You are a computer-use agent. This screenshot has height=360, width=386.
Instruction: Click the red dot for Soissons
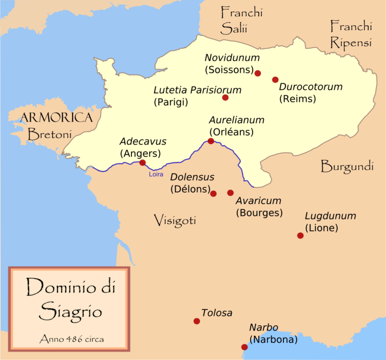pyautogui.click(x=257, y=73)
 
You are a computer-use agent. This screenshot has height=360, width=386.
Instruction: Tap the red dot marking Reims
pyautogui.click(x=275, y=80)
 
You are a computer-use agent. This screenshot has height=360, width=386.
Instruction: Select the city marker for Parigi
pyautogui.click(x=225, y=97)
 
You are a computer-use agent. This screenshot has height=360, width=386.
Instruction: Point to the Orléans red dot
pyautogui.click(x=211, y=141)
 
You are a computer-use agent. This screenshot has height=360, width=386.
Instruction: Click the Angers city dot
pyautogui.click(x=142, y=163)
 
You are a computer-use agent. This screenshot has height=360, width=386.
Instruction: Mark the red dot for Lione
pyautogui.click(x=300, y=235)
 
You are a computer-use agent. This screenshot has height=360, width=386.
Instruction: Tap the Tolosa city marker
pyautogui.click(x=196, y=321)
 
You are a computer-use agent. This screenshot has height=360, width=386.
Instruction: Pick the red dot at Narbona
pyautogui.click(x=244, y=347)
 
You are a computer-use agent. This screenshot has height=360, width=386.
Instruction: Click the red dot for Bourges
pyautogui.click(x=230, y=193)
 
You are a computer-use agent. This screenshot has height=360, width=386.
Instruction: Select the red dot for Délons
pyautogui.click(x=214, y=194)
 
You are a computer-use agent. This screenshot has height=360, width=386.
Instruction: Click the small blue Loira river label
pyautogui.click(x=156, y=175)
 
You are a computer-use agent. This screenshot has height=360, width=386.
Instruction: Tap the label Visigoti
pyautogui.click(x=175, y=221)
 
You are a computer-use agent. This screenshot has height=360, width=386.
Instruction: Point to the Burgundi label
pyautogui.click(x=347, y=167)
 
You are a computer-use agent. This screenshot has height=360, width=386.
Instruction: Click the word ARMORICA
pyautogui.click(x=57, y=117)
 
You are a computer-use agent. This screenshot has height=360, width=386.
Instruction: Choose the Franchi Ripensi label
pyautogui.click(x=351, y=34)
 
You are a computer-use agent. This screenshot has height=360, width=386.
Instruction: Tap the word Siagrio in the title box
pyautogui.click(x=71, y=309)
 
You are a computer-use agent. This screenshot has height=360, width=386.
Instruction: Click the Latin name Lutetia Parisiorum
pyautogui.click(x=198, y=90)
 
